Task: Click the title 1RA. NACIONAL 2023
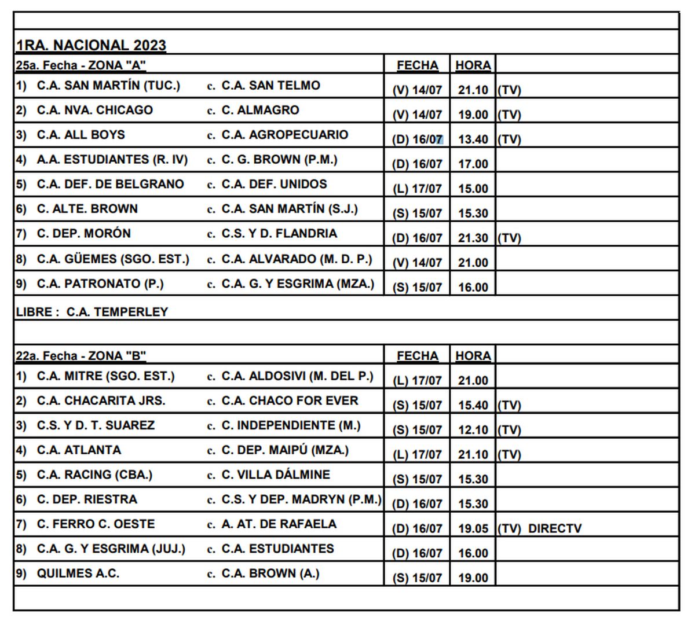(91, 45)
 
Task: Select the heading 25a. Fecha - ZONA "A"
(81, 65)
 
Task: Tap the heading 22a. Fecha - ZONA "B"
(81, 355)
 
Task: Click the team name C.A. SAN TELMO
(270, 86)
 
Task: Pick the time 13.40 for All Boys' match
(473, 139)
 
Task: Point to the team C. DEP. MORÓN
(83, 234)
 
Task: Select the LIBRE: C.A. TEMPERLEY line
(92, 312)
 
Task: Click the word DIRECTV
(554, 528)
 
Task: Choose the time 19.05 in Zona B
(473, 528)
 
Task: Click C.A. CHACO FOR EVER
(290, 400)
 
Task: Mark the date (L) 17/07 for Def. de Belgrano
(416, 189)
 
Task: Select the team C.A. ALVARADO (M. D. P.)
(297, 259)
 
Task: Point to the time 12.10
(473, 430)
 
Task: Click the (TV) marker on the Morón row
(509, 238)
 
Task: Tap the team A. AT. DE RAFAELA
(279, 524)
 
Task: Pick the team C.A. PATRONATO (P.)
(100, 284)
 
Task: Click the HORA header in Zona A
(473, 65)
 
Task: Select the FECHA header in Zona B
(417, 355)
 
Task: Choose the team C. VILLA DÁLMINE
(276, 475)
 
